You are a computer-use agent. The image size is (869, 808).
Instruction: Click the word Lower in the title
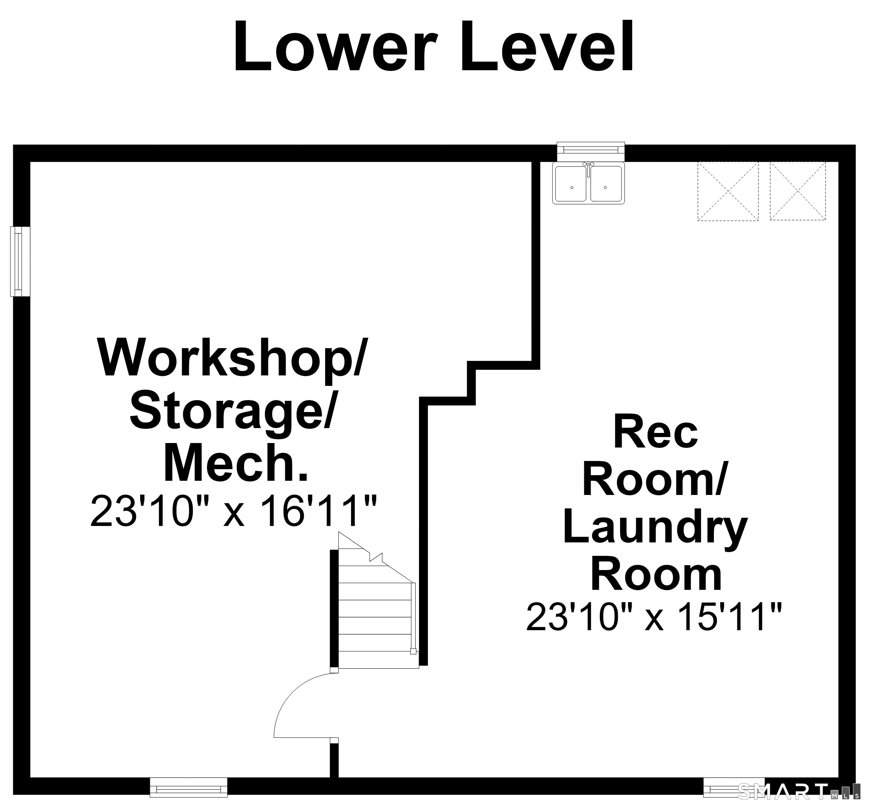click(336, 46)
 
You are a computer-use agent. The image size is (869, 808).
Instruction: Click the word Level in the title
click(547, 46)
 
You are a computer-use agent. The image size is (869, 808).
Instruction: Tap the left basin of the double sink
click(570, 183)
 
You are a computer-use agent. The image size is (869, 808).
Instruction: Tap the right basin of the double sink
click(606, 183)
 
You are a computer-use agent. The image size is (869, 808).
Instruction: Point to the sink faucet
click(588, 168)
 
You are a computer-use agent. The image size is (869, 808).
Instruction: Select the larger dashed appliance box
click(728, 191)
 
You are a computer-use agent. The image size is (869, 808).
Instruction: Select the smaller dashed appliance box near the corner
click(798, 191)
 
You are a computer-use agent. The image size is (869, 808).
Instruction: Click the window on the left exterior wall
click(20, 262)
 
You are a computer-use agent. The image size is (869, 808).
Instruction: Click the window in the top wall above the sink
click(591, 151)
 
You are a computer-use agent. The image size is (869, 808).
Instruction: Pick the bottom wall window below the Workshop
click(188, 787)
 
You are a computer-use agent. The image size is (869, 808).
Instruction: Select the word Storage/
click(232, 412)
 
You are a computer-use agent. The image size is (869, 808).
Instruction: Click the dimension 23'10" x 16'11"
click(234, 511)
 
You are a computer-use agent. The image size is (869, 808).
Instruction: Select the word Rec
click(656, 433)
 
